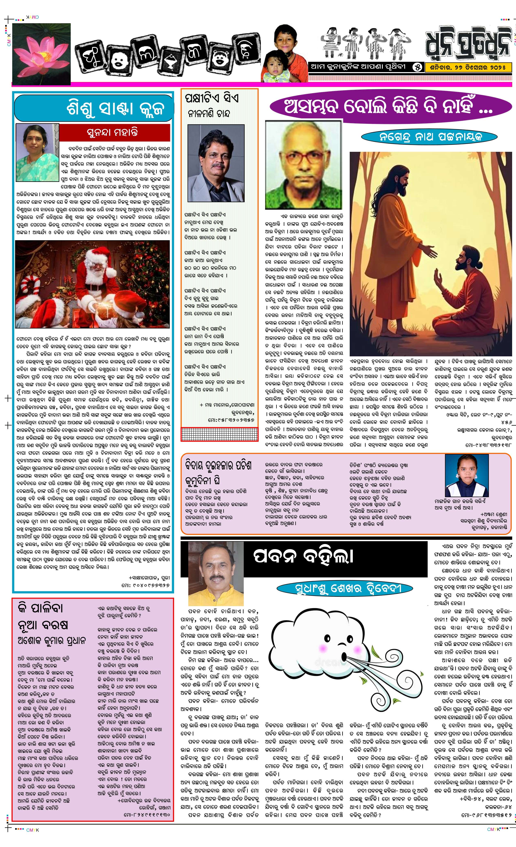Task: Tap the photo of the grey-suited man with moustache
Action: (x=216, y=163)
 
